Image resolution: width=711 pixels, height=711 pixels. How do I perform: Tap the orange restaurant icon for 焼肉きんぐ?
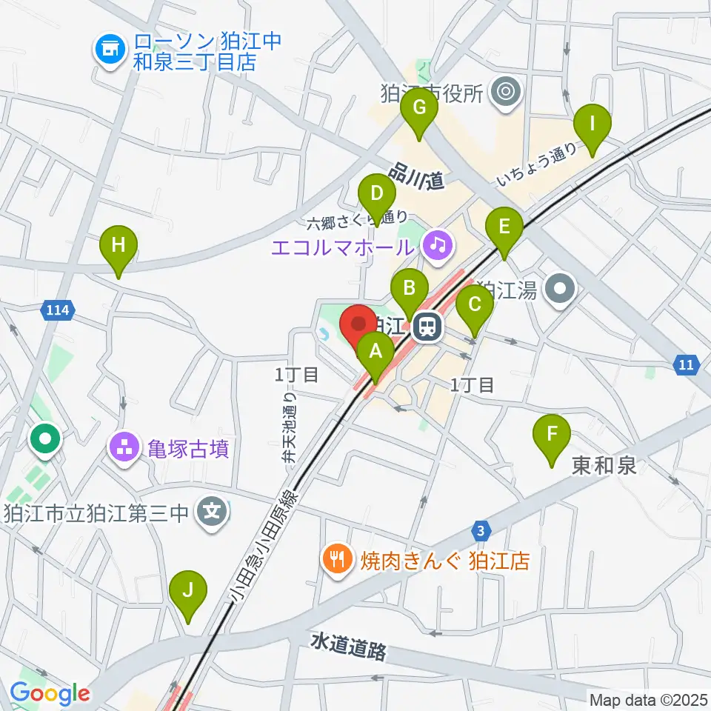coord(337,559)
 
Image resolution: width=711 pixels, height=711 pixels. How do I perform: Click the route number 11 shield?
coord(687,364)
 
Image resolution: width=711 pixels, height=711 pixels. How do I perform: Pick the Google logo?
coord(50,693)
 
